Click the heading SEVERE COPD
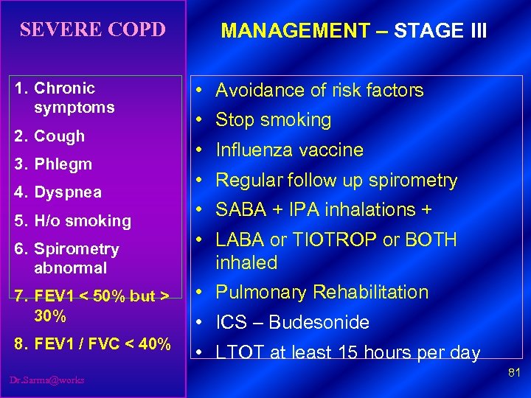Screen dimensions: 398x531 click(92, 30)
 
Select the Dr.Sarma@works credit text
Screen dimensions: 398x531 click(48, 380)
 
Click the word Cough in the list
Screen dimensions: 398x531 click(60, 136)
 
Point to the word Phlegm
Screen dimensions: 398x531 click(63, 164)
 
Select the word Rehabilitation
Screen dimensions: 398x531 click(372, 293)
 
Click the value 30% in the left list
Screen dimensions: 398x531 click(50, 316)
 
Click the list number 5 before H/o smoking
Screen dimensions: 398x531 click(19, 220)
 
